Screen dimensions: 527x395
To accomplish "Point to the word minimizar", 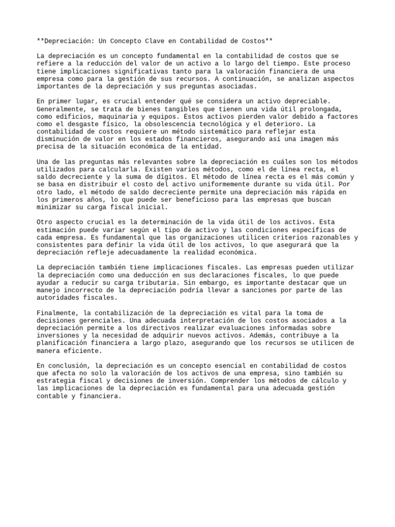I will pyautogui.click(x=55, y=207).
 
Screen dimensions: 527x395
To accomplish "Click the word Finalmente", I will pyautogui.click(x=58, y=312).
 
